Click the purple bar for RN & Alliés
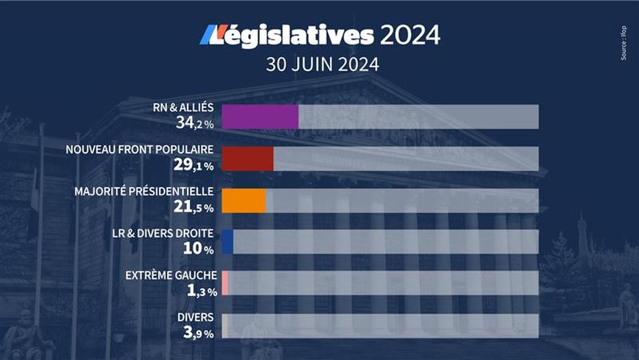(260, 117)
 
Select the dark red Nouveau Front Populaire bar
(248, 158)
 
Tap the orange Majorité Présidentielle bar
(244, 200)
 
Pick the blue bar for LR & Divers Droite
(227, 242)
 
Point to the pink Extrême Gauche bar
(225, 283)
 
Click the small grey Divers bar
(224, 325)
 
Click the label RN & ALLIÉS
(184, 108)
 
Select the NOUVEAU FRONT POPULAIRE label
(140, 150)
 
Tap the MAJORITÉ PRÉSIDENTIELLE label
(144, 191)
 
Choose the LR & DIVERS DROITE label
(162, 234)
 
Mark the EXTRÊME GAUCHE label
(171, 275)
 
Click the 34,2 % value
(195, 124)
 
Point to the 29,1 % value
(195, 165)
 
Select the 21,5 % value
(195, 207)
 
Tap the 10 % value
(198, 249)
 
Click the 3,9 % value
(198, 333)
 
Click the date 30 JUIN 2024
(322, 66)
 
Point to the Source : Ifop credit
(623, 44)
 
